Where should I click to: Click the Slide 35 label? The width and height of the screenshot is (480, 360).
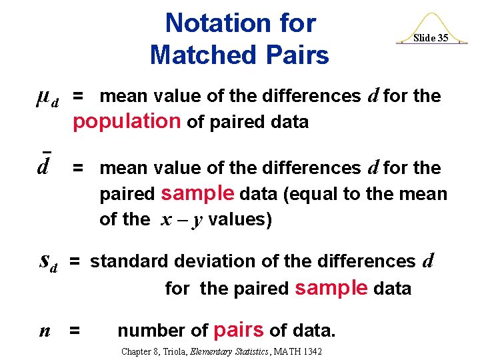click(x=430, y=38)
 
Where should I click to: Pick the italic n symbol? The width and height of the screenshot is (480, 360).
click(x=45, y=330)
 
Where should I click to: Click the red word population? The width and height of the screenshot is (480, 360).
click(x=127, y=121)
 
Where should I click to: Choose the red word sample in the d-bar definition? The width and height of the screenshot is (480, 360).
click(x=198, y=193)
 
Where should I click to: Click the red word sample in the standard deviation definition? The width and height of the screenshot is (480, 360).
click(x=331, y=288)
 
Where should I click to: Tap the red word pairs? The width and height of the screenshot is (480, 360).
click(x=238, y=330)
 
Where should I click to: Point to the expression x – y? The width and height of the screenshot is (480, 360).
click(x=181, y=220)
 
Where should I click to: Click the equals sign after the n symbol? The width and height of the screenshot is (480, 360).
click(x=75, y=331)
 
